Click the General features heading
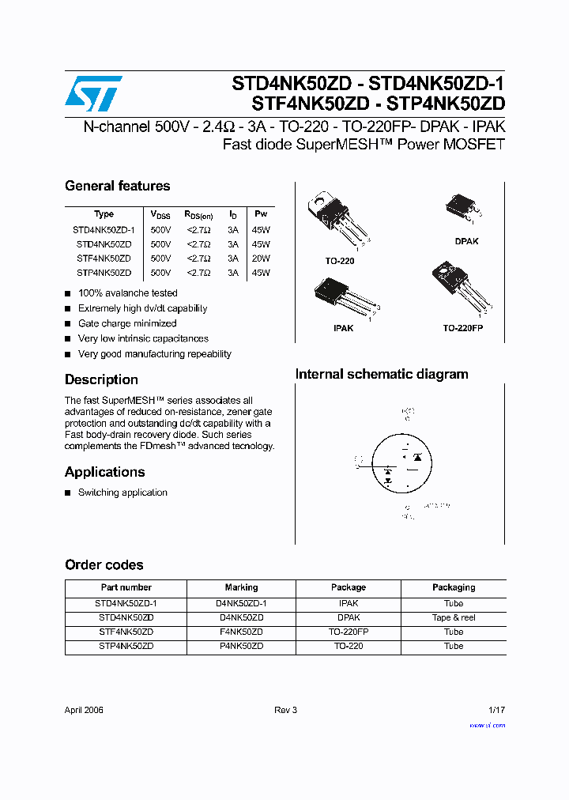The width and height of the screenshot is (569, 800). coord(117,186)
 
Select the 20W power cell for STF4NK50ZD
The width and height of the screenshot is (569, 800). coord(260,258)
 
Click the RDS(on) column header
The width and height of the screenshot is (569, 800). coord(198,214)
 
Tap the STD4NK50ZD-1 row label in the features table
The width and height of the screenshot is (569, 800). coord(104,229)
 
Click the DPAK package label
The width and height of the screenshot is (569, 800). coord(466,242)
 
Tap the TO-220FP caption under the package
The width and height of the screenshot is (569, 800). coord(462,327)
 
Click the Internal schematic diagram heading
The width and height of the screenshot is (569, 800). coord(382,374)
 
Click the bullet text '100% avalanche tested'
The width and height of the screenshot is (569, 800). coord(127,293)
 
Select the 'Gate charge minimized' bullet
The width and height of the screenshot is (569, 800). coord(127,323)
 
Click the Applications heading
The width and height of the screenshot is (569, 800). coord(104,472)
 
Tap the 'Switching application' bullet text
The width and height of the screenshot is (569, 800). coord(122,492)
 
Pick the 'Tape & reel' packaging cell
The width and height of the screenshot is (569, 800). coord(454,617)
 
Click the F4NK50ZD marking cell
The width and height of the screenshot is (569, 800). coord(241,632)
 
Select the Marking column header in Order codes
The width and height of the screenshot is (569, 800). coord(241,587)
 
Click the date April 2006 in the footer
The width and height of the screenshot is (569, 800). coord(84,710)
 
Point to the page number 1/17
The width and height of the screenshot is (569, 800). coord(496,710)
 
